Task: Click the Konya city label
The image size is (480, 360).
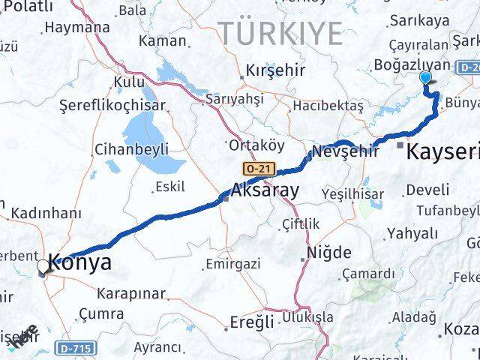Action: pos(80,262)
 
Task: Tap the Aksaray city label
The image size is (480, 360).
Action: pos(265,190)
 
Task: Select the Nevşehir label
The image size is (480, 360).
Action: pos(345,151)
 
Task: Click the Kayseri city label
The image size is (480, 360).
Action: pos(442,153)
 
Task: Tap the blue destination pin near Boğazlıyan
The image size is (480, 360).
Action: pos(426,77)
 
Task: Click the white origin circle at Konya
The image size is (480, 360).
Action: pos(43,265)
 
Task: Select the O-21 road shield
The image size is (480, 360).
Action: pos(259,169)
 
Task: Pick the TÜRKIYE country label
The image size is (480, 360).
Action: pos(280,34)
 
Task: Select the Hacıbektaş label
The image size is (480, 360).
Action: pos(328,106)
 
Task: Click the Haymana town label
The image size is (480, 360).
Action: pos(76,27)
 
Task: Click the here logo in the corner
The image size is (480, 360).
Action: pos(22,337)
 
